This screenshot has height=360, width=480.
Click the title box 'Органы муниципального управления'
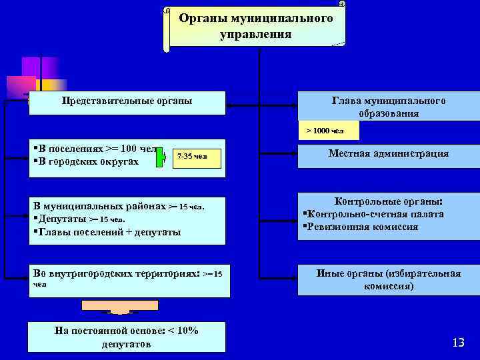click(x=255, y=26)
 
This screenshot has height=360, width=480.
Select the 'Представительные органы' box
click(x=127, y=102)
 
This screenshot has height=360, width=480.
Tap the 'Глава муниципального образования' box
click(x=389, y=107)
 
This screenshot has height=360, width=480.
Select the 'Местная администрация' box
click(x=389, y=154)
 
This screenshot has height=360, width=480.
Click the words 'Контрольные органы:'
click(x=389, y=201)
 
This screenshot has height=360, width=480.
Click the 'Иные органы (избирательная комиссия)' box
click(x=389, y=280)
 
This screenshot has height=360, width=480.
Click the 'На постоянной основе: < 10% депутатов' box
click(x=127, y=337)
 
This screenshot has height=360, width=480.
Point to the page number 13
click(x=457, y=343)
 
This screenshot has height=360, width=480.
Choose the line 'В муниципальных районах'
click(x=100, y=206)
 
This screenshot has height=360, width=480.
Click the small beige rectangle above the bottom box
click(x=121, y=305)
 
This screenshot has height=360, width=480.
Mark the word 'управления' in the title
click(x=255, y=33)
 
